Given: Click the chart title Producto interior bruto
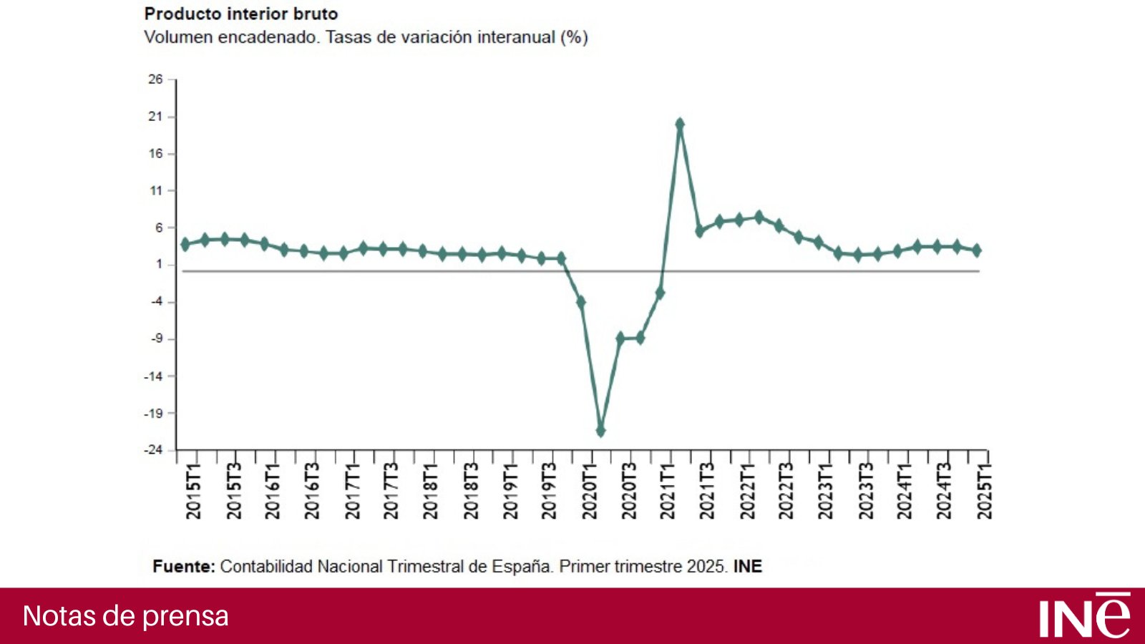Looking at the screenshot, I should (x=241, y=14).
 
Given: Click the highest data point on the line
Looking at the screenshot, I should (x=680, y=125).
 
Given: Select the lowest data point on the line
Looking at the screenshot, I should (x=600, y=431).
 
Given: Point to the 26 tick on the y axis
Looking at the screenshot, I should (x=155, y=79).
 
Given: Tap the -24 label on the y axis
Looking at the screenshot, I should (x=153, y=450).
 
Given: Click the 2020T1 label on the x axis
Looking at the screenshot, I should (x=590, y=491).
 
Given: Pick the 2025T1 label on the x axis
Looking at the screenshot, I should (x=985, y=491).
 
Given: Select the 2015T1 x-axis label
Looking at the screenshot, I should (x=194, y=491).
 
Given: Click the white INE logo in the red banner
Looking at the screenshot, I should (x=1084, y=615).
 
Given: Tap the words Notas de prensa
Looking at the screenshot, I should (x=126, y=616).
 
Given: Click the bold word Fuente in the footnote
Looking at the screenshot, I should (x=184, y=567).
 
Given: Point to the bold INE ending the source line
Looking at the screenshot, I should (x=748, y=567).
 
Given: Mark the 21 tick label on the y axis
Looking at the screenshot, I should (x=155, y=117).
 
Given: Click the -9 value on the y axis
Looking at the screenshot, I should (x=156, y=339).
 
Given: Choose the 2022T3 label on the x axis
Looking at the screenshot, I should (x=786, y=491).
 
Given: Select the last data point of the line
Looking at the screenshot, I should (x=977, y=250).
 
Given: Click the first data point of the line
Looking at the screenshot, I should (x=185, y=244).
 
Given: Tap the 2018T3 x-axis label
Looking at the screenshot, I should (x=471, y=491).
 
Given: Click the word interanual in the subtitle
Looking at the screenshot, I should (x=516, y=37).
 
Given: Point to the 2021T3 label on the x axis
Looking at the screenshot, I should (x=707, y=491).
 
